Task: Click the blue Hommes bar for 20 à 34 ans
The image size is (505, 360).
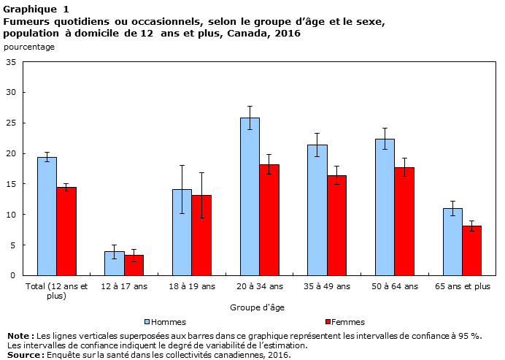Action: click(250, 196)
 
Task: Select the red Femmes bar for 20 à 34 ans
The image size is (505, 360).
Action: click(269, 220)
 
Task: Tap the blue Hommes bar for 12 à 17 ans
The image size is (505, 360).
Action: click(114, 263)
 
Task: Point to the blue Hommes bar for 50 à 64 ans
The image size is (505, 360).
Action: click(385, 207)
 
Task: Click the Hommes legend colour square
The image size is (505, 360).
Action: click(147, 321)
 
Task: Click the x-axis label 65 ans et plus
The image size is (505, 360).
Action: click(462, 286)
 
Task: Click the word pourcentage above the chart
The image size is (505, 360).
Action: click(28, 47)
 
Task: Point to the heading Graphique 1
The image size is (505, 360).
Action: click(36, 9)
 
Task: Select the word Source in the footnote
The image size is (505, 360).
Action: click(23, 355)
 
